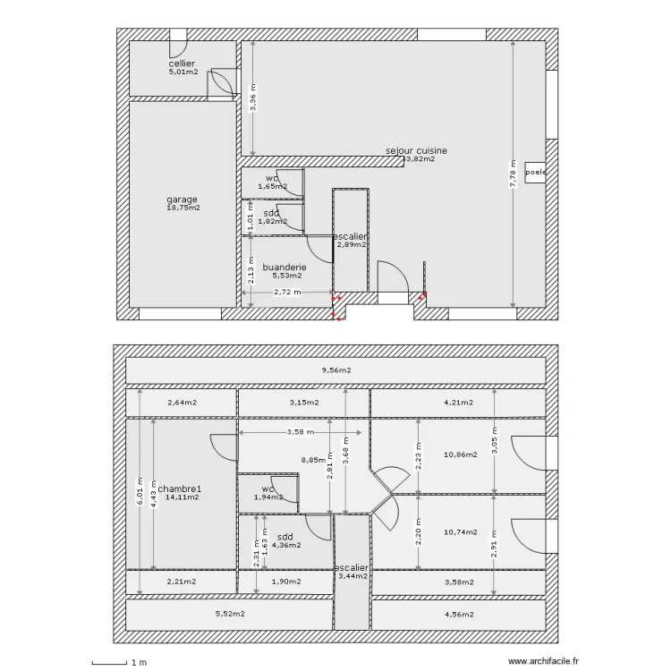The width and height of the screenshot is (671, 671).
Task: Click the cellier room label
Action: [x=183, y=64]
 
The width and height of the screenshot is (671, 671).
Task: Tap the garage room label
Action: [x=183, y=200]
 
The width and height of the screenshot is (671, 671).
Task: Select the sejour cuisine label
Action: [x=416, y=151]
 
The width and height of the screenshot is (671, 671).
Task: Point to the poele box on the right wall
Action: [x=536, y=173]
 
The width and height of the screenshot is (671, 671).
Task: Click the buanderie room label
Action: [x=285, y=268]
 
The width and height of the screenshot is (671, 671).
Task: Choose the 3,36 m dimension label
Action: [x=253, y=98]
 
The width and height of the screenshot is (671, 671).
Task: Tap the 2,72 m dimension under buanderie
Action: [x=287, y=293]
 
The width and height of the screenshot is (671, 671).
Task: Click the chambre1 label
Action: [x=182, y=488]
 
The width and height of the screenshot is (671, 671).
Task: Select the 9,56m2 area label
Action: [x=336, y=369]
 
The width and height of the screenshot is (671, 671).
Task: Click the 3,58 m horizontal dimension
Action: [x=302, y=433]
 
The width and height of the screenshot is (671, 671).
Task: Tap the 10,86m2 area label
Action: [x=460, y=454]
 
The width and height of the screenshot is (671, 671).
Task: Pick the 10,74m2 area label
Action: [x=460, y=531]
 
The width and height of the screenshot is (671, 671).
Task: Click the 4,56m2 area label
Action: [x=459, y=614]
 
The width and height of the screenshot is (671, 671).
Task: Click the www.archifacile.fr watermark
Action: [x=545, y=661]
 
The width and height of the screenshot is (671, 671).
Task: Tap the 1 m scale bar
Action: [x=116, y=662]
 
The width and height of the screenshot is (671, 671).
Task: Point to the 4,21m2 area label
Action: [x=459, y=403]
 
